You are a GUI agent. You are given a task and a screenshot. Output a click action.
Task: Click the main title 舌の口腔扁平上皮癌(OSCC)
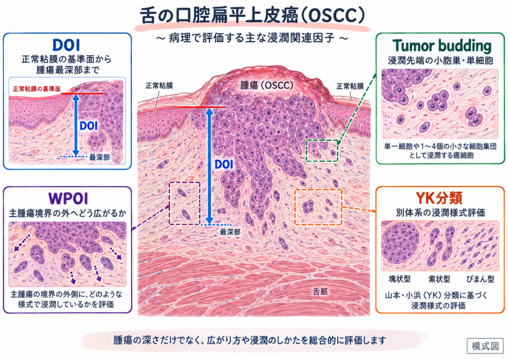(x=253, y=15)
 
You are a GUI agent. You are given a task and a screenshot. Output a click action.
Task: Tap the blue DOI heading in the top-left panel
(x=66, y=45)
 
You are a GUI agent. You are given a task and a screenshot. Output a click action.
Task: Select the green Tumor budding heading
(x=442, y=46)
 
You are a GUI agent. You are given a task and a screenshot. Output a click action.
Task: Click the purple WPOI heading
(x=67, y=199)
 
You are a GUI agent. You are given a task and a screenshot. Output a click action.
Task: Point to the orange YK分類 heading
(x=439, y=198)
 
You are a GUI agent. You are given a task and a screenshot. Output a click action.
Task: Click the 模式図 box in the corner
(x=485, y=346)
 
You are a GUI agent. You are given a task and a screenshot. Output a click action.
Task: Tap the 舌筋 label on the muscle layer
(x=320, y=291)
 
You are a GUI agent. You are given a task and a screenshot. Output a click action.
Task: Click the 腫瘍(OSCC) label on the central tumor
(x=266, y=85)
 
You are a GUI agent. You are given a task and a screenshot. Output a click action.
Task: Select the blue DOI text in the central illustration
(x=224, y=164)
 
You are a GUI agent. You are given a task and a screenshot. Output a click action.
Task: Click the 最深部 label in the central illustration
(x=230, y=232)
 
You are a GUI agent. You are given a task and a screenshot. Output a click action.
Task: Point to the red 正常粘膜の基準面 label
(x=37, y=89)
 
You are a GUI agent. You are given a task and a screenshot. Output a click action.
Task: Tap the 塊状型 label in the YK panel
(x=399, y=279)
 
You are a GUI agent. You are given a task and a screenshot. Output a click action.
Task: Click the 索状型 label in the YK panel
(x=439, y=279)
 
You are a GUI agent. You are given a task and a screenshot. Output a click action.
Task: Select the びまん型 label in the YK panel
(x=480, y=279)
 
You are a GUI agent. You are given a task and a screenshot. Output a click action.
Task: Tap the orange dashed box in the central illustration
(x=295, y=207)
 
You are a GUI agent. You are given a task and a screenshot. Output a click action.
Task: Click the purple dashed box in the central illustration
(x=170, y=204)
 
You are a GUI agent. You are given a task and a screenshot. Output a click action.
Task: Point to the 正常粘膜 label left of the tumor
(x=159, y=85)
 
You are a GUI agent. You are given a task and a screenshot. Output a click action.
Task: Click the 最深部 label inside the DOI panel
(x=99, y=157)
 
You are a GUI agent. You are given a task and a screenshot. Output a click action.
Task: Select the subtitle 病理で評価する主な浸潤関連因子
(x=252, y=38)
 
